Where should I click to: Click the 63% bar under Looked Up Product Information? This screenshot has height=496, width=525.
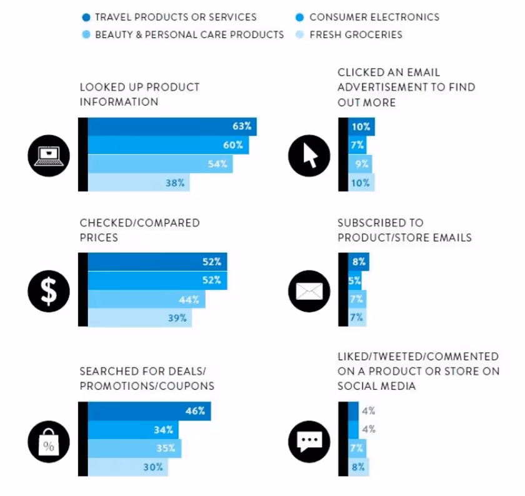[x=172, y=126]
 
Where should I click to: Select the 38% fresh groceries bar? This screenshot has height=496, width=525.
[x=138, y=182]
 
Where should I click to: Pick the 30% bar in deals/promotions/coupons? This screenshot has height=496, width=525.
[x=127, y=467]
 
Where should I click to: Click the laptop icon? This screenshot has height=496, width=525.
[x=49, y=154]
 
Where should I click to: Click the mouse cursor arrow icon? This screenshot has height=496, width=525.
[x=309, y=154]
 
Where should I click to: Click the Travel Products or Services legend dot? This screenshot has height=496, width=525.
[x=86, y=17]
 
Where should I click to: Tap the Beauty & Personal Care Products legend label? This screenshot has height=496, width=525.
[x=189, y=34]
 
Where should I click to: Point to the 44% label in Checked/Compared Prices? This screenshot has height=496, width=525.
[x=189, y=299]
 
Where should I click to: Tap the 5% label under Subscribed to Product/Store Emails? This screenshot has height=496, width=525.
[x=354, y=280]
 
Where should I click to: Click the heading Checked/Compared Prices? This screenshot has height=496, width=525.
[x=139, y=230]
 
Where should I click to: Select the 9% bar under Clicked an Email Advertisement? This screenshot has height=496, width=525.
[x=360, y=164]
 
